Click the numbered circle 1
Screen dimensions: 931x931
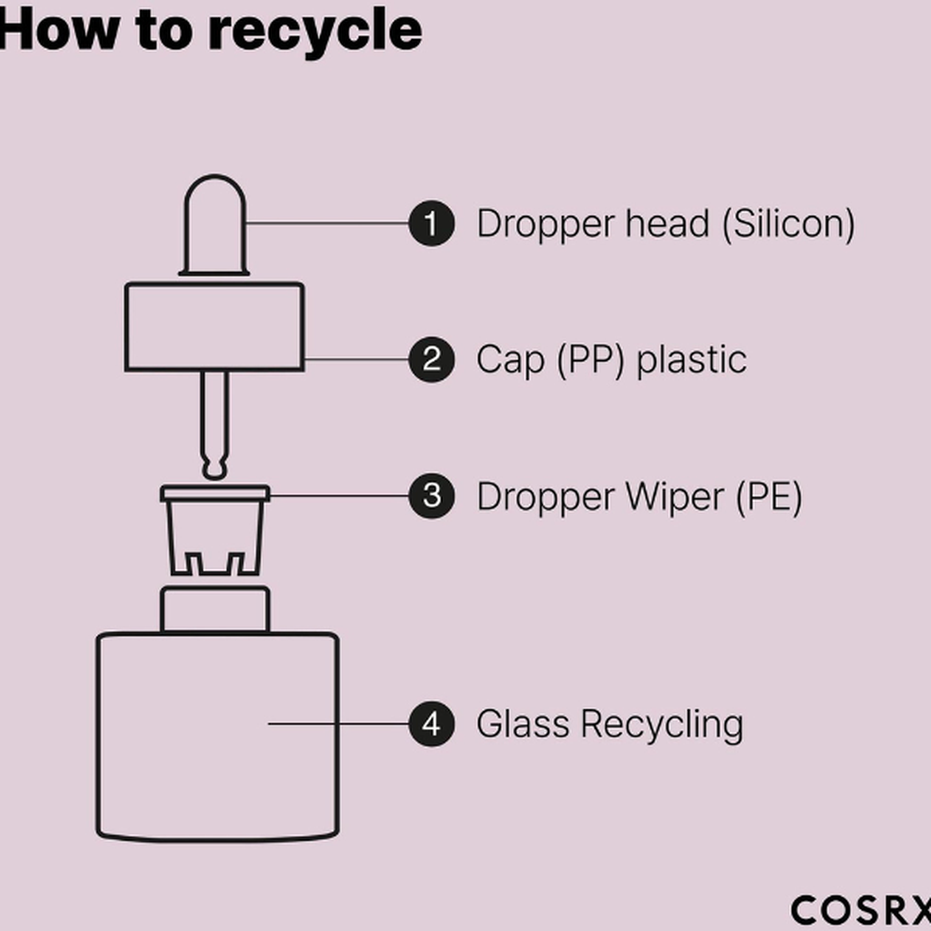431,224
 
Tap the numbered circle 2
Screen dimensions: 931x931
431,360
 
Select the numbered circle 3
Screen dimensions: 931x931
431,496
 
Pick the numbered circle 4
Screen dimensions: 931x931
431,725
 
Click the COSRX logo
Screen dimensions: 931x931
860,910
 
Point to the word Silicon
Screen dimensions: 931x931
789,224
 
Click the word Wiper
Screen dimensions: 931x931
665,497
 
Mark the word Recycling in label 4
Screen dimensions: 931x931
662,726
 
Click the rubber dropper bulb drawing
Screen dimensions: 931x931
215,224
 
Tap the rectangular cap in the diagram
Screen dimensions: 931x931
215,327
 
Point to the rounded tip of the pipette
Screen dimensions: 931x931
215,469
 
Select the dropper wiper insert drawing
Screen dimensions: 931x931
215,532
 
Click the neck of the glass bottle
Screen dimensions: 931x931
215,609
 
